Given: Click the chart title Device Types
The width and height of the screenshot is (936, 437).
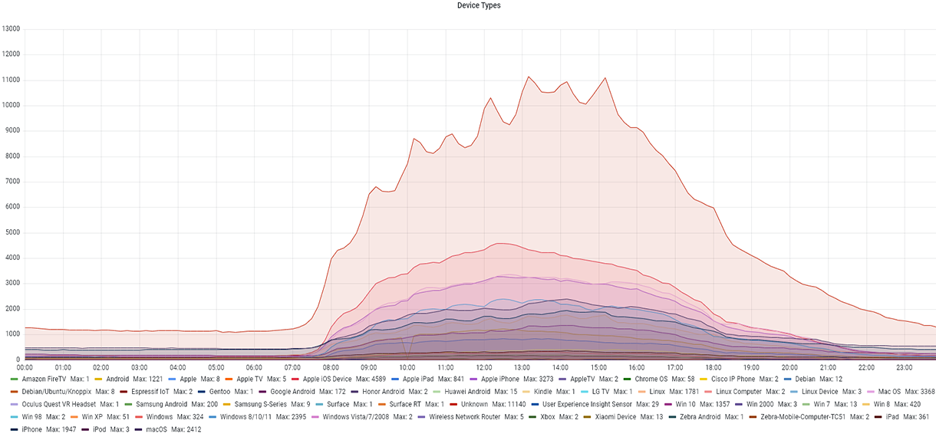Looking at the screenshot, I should [x=479, y=5].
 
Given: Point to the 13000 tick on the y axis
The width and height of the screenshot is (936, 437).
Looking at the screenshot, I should [x=11, y=29].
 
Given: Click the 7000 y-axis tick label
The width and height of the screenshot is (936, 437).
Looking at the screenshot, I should [x=12, y=182].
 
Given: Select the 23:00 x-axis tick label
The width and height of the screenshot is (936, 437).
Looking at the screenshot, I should [x=902, y=368].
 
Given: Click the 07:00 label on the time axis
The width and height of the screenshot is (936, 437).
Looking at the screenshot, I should [x=292, y=368].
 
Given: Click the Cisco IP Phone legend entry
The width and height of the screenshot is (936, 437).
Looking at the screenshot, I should [x=734, y=379].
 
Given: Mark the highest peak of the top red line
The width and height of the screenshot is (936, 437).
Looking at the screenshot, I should [x=529, y=77].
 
